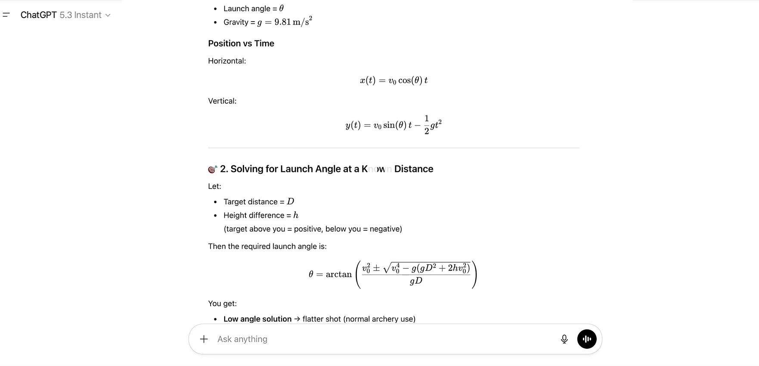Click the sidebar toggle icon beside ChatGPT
6,15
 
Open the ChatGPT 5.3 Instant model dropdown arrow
108,16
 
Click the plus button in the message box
204,339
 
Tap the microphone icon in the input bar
564,339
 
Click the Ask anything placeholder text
242,339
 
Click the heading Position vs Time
241,44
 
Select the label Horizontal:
227,61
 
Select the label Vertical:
222,101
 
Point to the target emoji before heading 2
212,169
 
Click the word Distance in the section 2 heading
413,169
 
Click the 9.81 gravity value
282,22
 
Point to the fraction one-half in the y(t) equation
426,125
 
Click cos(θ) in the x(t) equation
410,81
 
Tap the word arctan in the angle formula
338,275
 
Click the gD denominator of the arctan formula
415,281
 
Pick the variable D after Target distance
291,202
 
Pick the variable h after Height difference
296,215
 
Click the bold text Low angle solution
257,319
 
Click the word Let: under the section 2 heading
214,186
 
